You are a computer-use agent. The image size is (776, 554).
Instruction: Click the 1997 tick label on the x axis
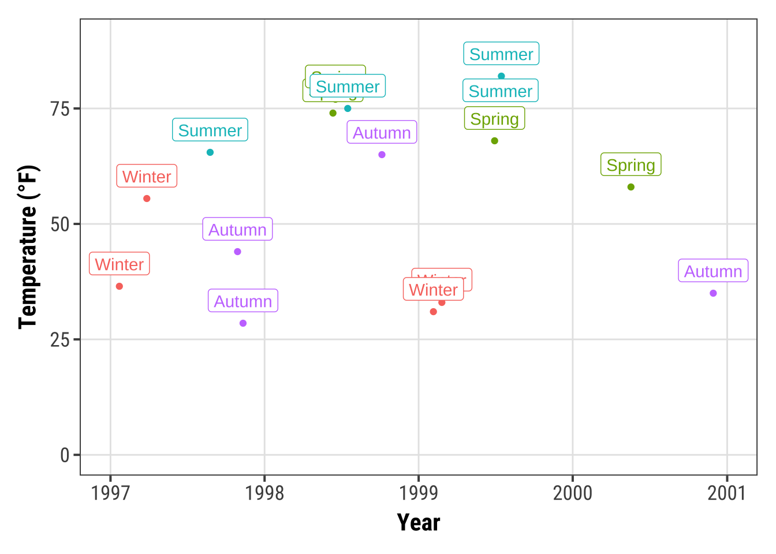coord(110,493)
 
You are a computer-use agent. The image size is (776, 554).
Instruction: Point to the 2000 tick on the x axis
coord(573,493)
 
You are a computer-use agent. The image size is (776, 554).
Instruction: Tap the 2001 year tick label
coord(727,493)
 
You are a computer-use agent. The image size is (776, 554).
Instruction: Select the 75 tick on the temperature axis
coord(59,109)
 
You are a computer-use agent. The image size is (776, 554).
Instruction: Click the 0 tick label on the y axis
coord(65,455)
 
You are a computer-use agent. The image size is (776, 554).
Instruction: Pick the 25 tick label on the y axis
coord(59,340)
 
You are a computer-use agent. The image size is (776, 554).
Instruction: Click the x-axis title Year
coord(419,522)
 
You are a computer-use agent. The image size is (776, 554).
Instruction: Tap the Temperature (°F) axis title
coord(27,247)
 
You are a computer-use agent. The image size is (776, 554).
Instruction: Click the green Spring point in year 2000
coord(630,187)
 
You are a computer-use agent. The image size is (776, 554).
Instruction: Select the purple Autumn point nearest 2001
coord(713,293)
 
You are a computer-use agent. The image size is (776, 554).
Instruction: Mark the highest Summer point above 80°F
coord(501,76)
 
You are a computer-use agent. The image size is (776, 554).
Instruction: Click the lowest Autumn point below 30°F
coord(243,323)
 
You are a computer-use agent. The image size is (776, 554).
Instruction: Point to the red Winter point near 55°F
coord(147,199)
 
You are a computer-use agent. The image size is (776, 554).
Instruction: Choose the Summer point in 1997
coord(210,152)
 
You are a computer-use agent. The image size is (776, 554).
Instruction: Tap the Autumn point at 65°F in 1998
coord(382,155)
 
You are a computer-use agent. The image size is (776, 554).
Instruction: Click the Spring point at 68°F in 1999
coord(494,141)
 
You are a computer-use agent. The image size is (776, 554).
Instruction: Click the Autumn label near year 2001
coord(713,271)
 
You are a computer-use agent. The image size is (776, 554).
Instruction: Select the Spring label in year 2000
coord(630,165)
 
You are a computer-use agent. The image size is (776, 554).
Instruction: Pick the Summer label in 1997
coord(210,130)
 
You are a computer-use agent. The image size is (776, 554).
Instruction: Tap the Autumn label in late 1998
coord(382,133)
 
